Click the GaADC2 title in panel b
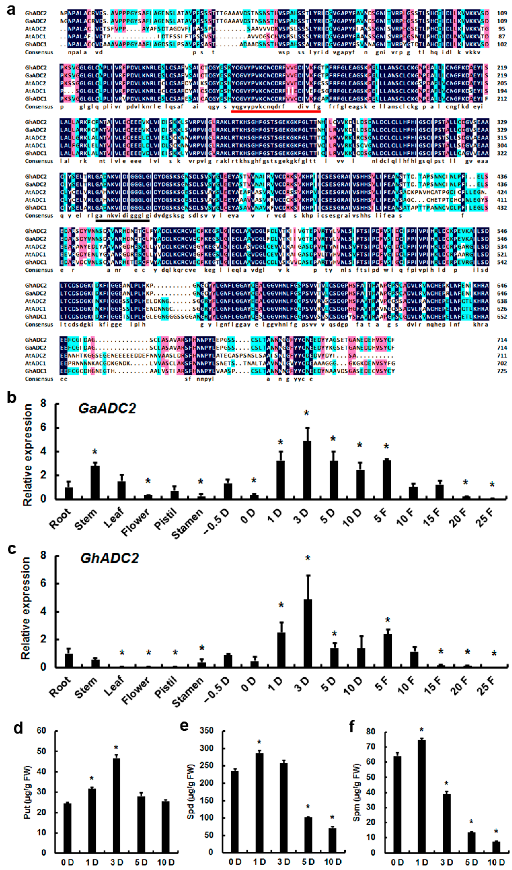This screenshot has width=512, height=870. pyautogui.click(x=107, y=408)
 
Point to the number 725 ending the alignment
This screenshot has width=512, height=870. pyautogui.click(x=502, y=371)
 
